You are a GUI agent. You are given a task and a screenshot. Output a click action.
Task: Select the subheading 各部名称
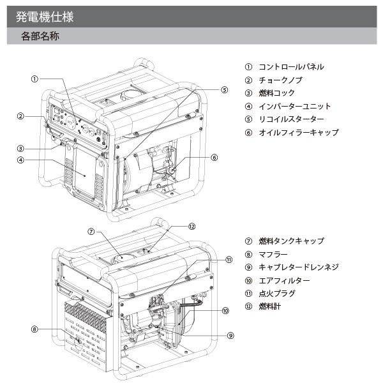(x=40, y=36)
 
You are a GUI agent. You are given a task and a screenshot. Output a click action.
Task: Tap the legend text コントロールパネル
(x=290, y=66)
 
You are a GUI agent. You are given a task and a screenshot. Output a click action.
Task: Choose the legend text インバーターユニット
(x=294, y=107)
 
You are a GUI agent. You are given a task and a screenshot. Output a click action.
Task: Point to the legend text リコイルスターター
(x=290, y=119)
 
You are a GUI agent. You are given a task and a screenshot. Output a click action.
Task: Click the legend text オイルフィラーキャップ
(x=298, y=133)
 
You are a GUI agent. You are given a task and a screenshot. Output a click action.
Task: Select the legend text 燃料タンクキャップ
(x=290, y=241)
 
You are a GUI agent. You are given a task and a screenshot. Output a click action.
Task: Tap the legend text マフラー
(x=273, y=254)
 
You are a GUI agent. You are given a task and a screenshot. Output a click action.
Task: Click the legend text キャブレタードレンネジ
(x=298, y=267)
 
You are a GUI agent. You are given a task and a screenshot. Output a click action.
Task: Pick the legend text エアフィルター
(x=283, y=280)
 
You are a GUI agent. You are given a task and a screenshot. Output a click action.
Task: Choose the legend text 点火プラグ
(x=276, y=294)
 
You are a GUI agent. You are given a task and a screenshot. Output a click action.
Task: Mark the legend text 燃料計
(x=269, y=307)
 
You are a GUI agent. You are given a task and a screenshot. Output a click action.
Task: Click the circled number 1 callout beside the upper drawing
(x=35, y=79)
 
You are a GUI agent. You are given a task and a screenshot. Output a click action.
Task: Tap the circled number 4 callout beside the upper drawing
(x=21, y=160)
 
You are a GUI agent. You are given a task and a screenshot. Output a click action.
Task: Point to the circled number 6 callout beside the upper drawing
(x=214, y=157)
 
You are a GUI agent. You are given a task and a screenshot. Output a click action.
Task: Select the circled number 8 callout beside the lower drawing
(x=35, y=329)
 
